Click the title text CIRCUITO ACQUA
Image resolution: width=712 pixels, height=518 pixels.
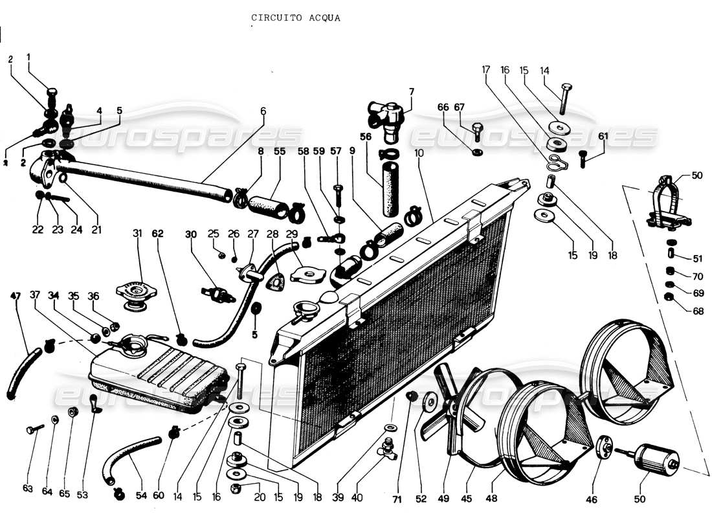295,18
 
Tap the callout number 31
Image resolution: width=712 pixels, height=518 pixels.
137,233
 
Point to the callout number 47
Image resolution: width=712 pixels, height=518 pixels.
15,297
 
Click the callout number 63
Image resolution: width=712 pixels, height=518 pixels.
28,488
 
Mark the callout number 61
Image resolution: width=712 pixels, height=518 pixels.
603,136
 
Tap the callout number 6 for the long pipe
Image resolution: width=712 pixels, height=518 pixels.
263,111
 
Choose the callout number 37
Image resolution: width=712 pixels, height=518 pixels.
35,297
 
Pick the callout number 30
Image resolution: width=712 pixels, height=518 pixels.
190,234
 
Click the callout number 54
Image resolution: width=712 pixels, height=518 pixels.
141,495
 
